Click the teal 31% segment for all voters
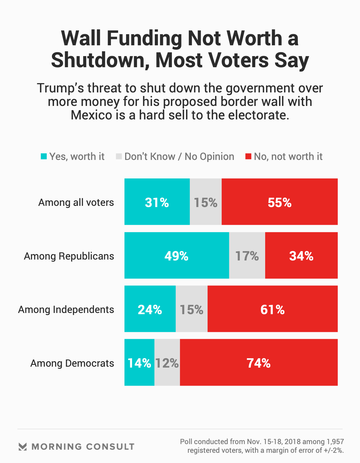[x=157, y=202]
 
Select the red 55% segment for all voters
[x=280, y=202]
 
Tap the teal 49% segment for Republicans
[x=177, y=255]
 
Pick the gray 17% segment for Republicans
[x=247, y=255]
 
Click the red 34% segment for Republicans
[x=301, y=255]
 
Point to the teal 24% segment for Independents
[x=150, y=309]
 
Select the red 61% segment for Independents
[x=272, y=309]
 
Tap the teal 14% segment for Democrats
[x=139, y=362]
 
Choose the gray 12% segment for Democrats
[x=167, y=362]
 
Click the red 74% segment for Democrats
[x=259, y=362]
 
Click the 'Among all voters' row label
[x=76, y=203]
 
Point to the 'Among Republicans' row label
[x=69, y=256]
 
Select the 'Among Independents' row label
[x=66, y=310]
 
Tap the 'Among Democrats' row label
[x=72, y=363]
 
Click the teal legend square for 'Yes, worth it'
[x=44, y=156]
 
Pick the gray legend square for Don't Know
[x=119, y=156]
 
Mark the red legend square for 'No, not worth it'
[x=248, y=156]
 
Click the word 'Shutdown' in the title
[x=100, y=60]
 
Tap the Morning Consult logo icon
[x=22, y=446]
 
